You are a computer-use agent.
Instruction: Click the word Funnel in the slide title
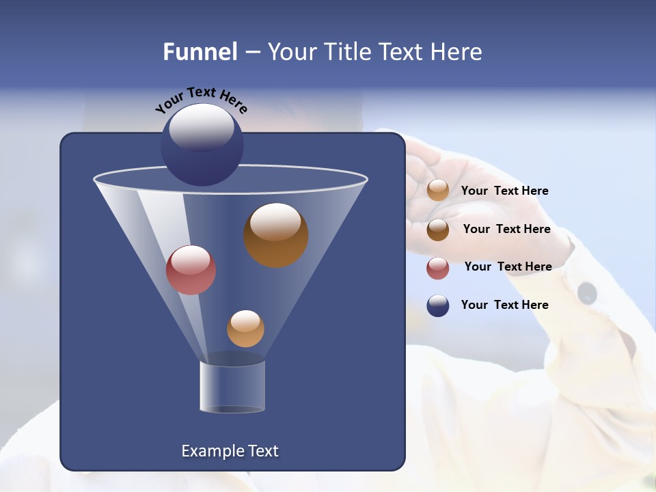click(200, 52)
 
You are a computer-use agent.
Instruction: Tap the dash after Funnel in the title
click(251, 53)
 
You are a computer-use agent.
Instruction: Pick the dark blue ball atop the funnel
click(202, 145)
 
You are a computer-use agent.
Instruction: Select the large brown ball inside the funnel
click(275, 235)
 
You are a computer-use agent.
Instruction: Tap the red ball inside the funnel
click(191, 270)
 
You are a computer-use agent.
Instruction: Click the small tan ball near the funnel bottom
click(245, 329)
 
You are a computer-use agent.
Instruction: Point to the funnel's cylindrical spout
click(232, 386)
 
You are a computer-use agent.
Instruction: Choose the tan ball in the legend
click(438, 191)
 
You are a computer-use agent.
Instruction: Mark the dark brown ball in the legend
click(438, 230)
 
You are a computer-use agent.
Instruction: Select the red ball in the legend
click(438, 268)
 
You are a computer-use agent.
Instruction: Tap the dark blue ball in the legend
click(438, 305)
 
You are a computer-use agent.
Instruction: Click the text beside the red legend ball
click(508, 266)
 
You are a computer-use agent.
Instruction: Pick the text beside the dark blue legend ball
click(504, 305)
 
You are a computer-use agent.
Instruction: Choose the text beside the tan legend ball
click(504, 191)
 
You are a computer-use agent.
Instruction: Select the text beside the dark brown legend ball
click(506, 229)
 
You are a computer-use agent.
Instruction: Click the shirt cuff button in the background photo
click(587, 293)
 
